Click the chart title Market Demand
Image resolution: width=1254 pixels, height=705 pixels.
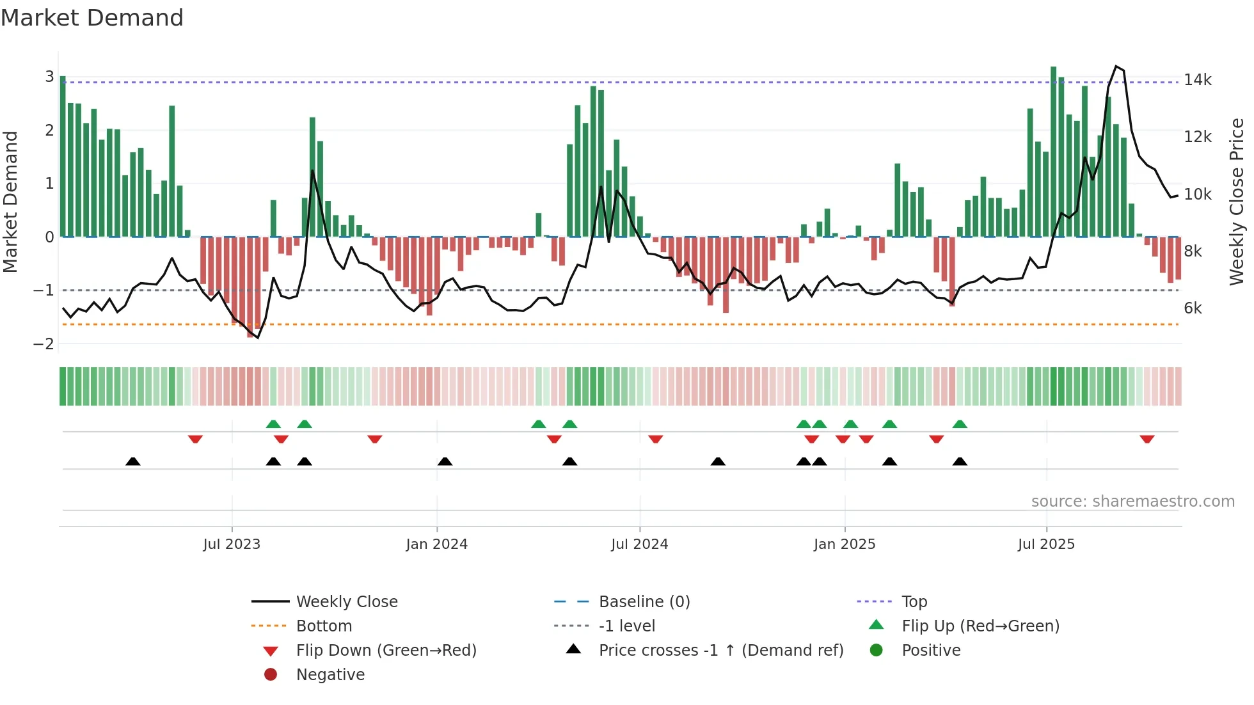click(x=92, y=18)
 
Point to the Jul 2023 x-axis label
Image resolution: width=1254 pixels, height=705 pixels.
click(x=232, y=544)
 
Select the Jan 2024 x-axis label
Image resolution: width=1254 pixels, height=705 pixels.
click(x=436, y=544)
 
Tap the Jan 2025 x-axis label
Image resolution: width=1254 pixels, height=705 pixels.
click(x=844, y=544)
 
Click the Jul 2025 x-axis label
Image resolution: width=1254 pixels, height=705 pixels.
click(x=1046, y=544)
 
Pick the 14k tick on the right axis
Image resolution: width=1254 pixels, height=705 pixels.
click(x=1197, y=80)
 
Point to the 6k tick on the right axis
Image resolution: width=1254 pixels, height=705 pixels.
click(x=1193, y=308)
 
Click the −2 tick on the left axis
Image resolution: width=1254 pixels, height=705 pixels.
click(x=44, y=344)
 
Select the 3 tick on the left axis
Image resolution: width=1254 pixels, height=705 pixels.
click(x=49, y=77)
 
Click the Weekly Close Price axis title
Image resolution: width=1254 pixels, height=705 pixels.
click(x=1236, y=202)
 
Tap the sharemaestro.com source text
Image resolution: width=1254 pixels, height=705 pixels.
click(x=1132, y=502)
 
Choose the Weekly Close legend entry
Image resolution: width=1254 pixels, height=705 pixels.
click(x=346, y=602)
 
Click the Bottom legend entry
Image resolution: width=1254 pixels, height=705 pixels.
click(x=324, y=626)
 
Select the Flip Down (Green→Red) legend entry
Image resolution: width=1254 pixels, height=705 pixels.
click(x=386, y=651)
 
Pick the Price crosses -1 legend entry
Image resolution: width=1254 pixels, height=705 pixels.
click(x=720, y=651)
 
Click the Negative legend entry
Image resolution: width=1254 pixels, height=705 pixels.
click(x=330, y=675)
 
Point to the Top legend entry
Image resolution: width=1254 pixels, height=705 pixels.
click(x=914, y=602)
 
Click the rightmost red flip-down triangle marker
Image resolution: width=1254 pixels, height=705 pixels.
click(x=1147, y=439)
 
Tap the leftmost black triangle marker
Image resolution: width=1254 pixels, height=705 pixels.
click(x=132, y=461)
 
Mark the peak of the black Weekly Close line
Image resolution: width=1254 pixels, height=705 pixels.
click(x=1116, y=67)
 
